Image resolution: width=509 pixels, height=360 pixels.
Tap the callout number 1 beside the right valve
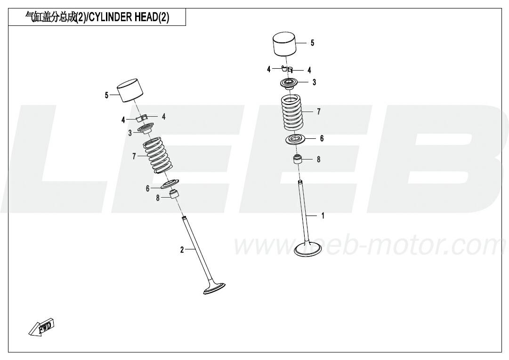click(323, 216)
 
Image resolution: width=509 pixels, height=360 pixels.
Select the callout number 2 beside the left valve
click(182, 250)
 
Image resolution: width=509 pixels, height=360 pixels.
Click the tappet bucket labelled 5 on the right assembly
click(284, 44)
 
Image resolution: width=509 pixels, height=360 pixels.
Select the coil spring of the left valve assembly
click(157, 155)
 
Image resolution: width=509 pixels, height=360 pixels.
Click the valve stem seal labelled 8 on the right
click(298, 160)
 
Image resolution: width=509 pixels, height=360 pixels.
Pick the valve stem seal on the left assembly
click(175, 194)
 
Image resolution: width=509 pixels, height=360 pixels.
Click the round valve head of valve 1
click(308, 249)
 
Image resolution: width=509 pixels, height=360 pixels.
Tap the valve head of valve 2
click(214, 288)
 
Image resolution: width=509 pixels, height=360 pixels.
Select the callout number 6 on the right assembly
click(322, 138)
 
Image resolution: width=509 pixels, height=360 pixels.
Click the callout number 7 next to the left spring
click(134, 156)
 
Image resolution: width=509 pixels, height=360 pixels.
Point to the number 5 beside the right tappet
click(312, 43)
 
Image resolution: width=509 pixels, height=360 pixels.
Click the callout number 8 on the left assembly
click(158, 198)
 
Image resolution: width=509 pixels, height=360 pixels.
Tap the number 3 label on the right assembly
click(314, 82)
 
